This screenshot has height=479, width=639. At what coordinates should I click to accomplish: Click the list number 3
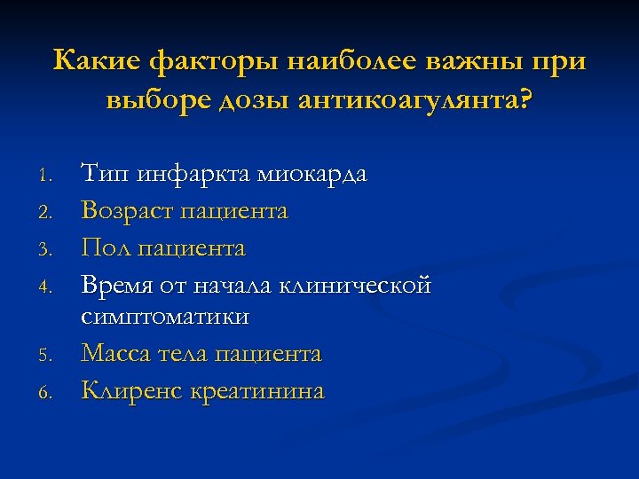51,250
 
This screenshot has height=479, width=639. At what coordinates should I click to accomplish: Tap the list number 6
51,392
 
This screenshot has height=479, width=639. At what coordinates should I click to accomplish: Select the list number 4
51,287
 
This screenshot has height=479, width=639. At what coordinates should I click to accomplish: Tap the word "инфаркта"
190,174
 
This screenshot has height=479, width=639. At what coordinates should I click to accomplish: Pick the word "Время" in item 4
117,286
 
